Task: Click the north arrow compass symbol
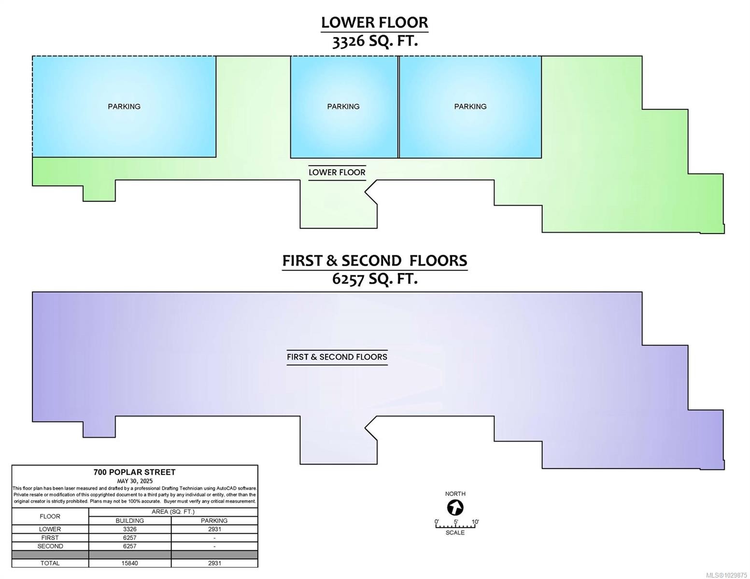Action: point(455,508)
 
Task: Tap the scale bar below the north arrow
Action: point(455,526)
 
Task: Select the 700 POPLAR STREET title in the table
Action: point(134,472)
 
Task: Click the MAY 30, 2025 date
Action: point(135,481)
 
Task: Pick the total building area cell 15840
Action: point(129,563)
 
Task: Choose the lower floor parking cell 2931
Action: point(214,529)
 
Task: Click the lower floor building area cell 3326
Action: point(130,529)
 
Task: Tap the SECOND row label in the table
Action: point(50,546)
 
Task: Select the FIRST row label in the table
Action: point(50,538)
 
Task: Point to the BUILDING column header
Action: point(130,520)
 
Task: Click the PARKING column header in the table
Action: point(214,520)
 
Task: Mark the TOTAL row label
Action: point(50,563)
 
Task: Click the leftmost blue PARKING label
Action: point(124,107)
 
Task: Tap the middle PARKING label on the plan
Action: point(343,107)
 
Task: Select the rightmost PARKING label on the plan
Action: point(470,107)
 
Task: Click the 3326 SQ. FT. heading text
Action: point(375,41)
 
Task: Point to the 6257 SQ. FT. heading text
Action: point(375,278)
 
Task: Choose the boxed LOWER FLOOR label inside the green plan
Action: point(337,172)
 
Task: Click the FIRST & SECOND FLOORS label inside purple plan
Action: point(337,357)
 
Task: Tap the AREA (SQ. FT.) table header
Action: point(173,512)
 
